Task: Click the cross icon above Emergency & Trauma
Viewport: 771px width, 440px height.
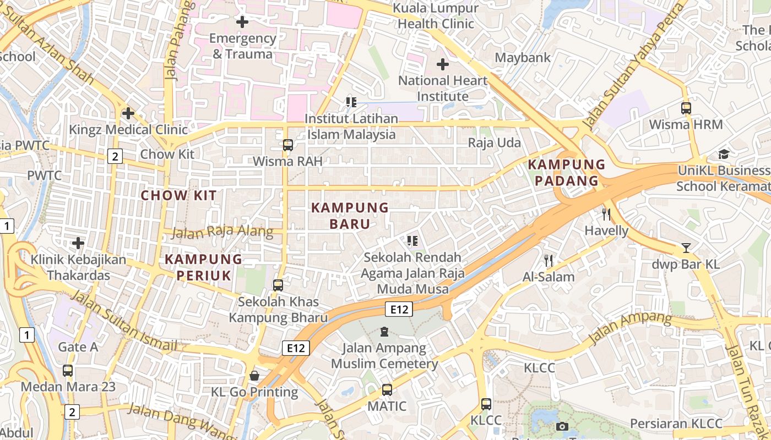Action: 242,23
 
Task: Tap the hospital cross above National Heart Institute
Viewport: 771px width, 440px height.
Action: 442,65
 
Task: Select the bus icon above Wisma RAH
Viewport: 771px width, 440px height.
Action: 287,145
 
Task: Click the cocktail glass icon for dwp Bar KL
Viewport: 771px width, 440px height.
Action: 686,248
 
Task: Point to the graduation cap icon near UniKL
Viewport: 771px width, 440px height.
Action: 724,155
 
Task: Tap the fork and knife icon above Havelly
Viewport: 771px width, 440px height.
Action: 606,214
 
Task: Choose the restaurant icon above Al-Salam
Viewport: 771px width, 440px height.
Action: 549,261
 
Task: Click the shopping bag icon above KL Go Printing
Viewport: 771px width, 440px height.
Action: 254,376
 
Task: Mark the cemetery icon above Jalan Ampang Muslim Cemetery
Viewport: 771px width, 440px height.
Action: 384,332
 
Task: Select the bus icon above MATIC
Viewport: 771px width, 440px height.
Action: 387,390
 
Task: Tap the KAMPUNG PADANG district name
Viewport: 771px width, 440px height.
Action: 567,173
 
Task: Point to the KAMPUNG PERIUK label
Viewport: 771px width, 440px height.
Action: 204,267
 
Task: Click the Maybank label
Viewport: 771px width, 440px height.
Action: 523,57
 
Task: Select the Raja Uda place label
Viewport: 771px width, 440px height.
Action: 494,143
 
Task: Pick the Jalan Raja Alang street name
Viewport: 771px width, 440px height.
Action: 222,232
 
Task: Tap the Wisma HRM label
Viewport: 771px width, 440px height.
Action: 686,124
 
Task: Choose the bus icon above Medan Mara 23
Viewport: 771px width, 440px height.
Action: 68,371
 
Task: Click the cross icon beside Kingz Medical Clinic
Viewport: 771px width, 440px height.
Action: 128,114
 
